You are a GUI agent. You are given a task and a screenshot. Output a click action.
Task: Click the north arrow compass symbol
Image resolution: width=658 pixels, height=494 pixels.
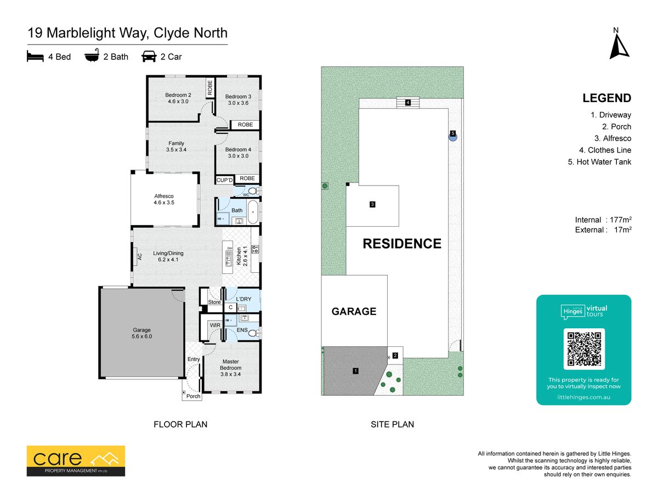[x=619, y=47]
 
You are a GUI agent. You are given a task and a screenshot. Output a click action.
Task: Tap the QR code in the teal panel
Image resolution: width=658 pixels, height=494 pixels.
[x=583, y=349]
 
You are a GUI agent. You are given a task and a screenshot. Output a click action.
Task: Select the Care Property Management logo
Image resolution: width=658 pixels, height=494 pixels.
[x=76, y=461]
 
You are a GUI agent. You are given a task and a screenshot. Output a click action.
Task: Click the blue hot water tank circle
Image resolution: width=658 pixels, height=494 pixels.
[x=453, y=137]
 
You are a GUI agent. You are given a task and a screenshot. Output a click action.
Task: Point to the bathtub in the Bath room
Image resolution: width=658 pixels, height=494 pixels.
[x=253, y=212]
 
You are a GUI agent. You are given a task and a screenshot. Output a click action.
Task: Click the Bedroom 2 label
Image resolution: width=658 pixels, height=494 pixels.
[x=178, y=95]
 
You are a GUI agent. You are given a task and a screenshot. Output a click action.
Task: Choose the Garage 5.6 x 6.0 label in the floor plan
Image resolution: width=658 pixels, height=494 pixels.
[x=142, y=333]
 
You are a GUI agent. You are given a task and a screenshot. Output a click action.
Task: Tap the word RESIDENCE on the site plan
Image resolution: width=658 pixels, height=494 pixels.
[x=402, y=244]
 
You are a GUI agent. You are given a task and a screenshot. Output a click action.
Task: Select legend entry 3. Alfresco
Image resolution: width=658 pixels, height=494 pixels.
[x=612, y=138]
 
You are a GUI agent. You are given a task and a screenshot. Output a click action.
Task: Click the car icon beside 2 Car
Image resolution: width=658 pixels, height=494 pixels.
[x=149, y=57]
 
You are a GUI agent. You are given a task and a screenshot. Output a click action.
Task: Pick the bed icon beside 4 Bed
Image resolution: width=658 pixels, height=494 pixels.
[x=35, y=57]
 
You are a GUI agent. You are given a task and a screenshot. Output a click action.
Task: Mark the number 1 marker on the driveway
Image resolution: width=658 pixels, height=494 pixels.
[x=355, y=371]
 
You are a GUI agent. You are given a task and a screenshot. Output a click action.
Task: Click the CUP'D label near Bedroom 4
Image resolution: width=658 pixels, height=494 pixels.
[x=224, y=180]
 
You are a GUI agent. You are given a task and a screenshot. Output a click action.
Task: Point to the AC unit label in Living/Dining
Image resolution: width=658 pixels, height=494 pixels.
[x=140, y=257]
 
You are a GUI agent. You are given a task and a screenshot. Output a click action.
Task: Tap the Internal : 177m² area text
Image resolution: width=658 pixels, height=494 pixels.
[x=603, y=220]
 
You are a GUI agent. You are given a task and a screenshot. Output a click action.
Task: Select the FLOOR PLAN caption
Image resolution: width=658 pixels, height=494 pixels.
[x=180, y=424]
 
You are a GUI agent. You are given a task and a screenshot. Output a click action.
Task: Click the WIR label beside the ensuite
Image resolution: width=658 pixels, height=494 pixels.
[x=215, y=325]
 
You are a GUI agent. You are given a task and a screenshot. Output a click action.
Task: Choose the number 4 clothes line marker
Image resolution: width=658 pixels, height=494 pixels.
[x=408, y=103]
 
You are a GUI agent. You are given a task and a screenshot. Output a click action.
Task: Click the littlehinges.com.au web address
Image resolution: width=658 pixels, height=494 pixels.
[x=583, y=397]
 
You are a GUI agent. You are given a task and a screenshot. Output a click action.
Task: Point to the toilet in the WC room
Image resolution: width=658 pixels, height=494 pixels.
[x=253, y=191]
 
